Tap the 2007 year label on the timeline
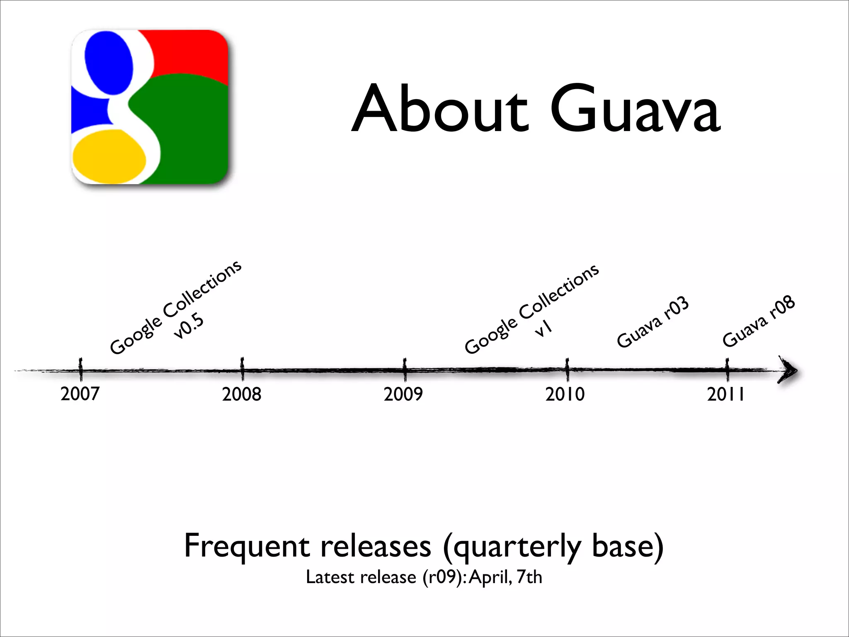pyautogui.click(x=80, y=394)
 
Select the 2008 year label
pyautogui.click(x=242, y=394)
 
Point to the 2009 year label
pyautogui.click(x=403, y=394)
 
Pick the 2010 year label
pyautogui.click(x=565, y=394)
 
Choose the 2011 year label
pyautogui.click(x=725, y=394)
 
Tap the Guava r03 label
pyautogui.click(x=653, y=322)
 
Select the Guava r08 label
pyautogui.click(x=759, y=321)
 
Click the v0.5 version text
pyautogui.click(x=189, y=326)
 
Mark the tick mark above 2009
pyautogui.click(x=405, y=368)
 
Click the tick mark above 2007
pyautogui.click(x=81, y=368)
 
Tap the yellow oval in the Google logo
pyautogui.click(x=109, y=157)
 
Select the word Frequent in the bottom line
pyautogui.click(x=247, y=547)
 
